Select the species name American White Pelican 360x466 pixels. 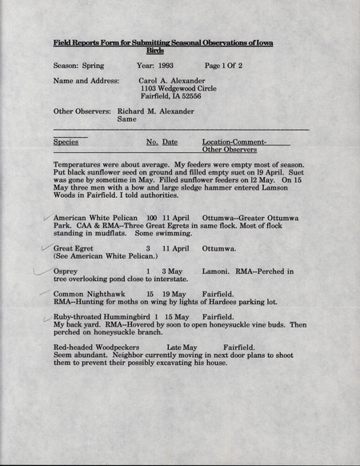point(96,218)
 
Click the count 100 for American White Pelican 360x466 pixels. point(152,218)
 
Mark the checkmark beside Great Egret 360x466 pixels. point(46,249)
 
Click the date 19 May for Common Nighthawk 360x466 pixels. point(177,295)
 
